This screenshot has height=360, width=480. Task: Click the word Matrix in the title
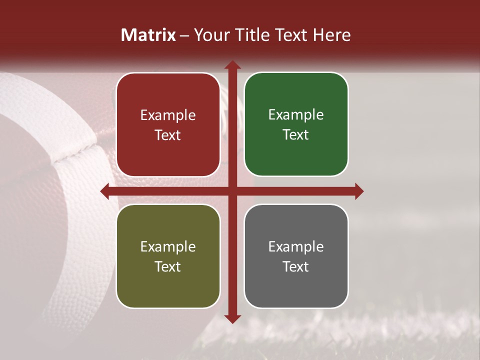click(148, 35)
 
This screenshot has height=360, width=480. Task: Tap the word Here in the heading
click(331, 35)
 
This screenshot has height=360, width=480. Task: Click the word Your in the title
click(211, 35)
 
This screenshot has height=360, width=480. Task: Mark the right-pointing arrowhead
click(358, 191)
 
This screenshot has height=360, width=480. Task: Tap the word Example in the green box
click(296, 114)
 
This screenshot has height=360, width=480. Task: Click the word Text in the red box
click(168, 135)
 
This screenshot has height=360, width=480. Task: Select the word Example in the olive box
click(168, 246)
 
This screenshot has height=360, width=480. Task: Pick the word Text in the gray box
click(296, 266)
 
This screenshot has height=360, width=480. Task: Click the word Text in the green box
click(296, 134)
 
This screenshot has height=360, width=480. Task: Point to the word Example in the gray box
click(296, 246)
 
